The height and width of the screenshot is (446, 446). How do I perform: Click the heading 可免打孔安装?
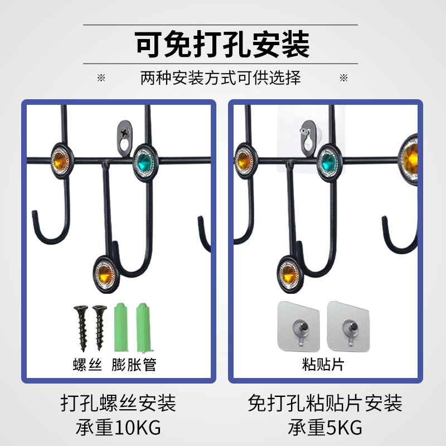pos(222,45)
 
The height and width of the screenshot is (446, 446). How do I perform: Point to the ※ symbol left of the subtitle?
pos(101,77)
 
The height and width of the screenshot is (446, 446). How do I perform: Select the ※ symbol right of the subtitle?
pos(343,77)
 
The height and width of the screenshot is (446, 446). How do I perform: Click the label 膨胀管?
pos(134,365)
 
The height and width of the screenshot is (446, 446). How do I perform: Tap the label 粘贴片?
pos(324,365)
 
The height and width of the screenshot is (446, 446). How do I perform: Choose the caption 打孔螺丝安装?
pos(118,403)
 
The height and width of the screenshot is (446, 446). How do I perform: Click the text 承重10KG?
pos(118,428)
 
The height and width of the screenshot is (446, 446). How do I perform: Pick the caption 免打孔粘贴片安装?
pos(325,403)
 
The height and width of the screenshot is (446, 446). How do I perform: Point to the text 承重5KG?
pos(325,428)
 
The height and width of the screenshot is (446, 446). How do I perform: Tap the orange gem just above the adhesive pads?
pos(289,273)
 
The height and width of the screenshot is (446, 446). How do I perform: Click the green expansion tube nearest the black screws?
pos(122,327)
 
